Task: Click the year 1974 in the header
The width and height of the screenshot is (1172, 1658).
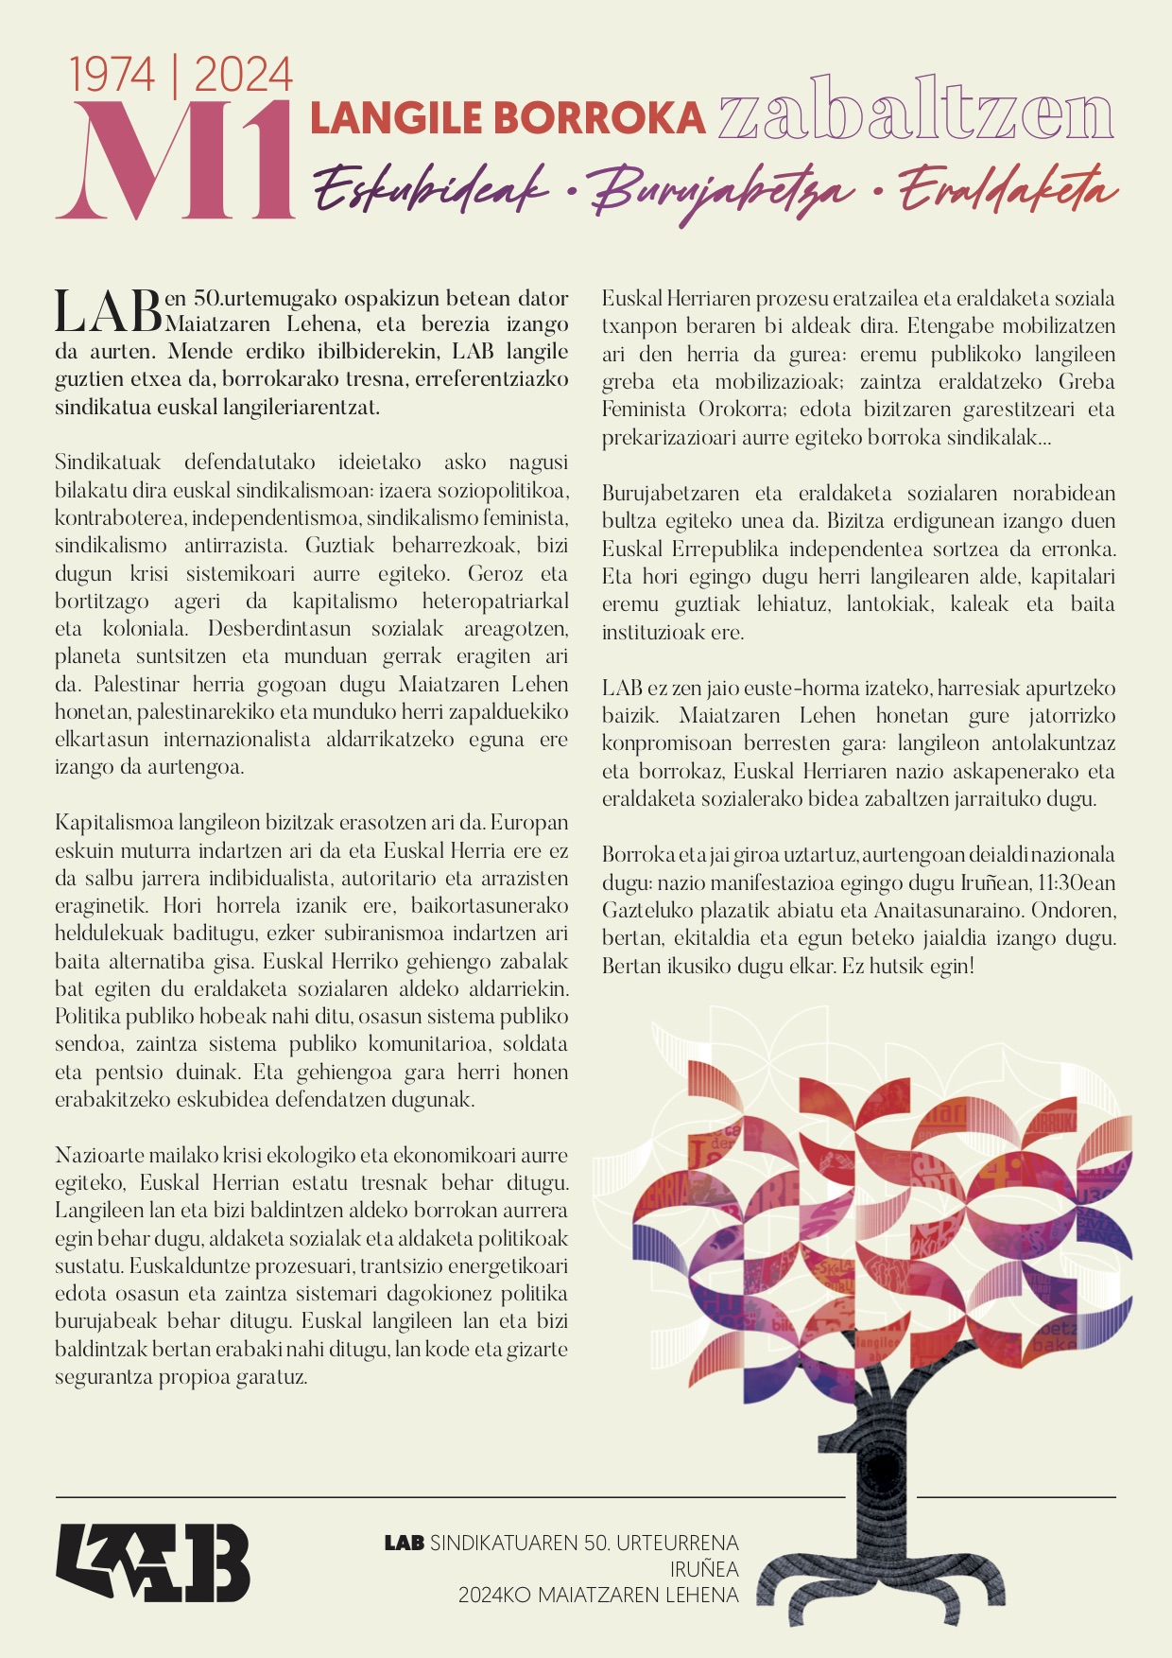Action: pyautogui.click(x=112, y=76)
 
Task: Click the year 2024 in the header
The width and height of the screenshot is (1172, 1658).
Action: pyautogui.click(x=244, y=76)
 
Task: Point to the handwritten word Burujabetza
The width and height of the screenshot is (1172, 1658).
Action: pyautogui.click(x=722, y=193)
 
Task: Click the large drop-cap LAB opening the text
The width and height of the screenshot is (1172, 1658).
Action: pyautogui.click(x=108, y=312)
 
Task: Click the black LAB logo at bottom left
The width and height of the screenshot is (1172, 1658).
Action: pyautogui.click(x=152, y=1562)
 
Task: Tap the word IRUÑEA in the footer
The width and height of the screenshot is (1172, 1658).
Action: pyautogui.click(x=704, y=1569)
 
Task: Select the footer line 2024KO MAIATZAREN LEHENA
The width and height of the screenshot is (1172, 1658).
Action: pyautogui.click(x=598, y=1596)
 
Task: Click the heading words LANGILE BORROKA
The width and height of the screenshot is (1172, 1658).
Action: pyautogui.click(x=508, y=119)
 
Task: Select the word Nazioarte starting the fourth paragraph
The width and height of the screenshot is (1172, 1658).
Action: pyautogui.click(x=95, y=1155)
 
